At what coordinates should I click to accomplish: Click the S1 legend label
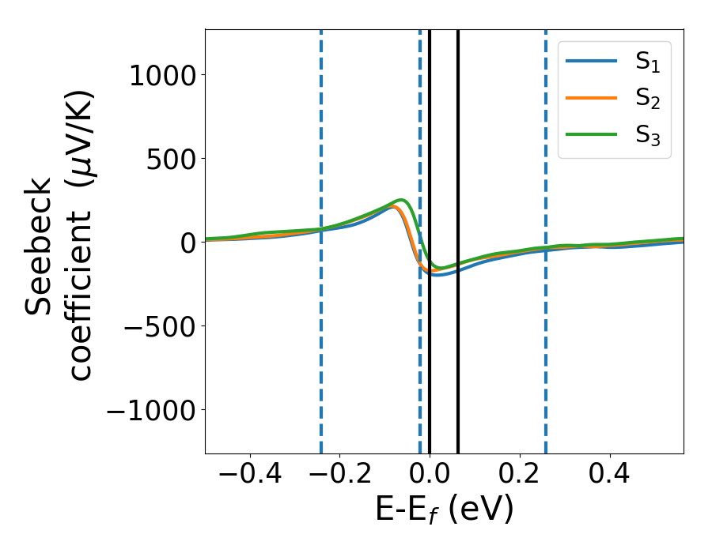pyautogui.click(x=647, y=63)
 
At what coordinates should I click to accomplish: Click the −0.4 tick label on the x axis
pyautogui.click(x=249, y=476)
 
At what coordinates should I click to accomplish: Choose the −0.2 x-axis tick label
pyautogui.click(x=339, y=476)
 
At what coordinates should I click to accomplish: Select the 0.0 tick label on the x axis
pyautogui.click(x=430, y=476)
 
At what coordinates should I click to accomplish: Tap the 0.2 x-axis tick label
pyautogui.click(x=520, y=476)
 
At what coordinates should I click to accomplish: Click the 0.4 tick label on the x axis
pyautogui.click(x=610, y=476)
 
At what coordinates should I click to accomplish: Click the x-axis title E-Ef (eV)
pyautogui.click(x=444, y=510)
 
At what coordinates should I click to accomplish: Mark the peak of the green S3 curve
pyautogui.click(x=402, y=200)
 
